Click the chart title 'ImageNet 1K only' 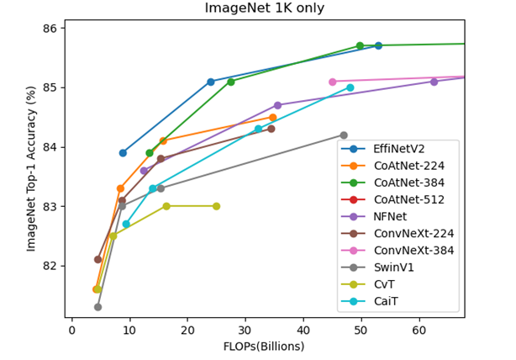[263, 8]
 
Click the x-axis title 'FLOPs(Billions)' [263, 347]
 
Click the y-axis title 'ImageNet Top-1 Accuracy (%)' [31, 168]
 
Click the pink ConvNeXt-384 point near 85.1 [333, 82]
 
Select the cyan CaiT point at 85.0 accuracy [350, 87]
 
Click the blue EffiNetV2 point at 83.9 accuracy [123, 153]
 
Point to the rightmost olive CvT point [216, 206]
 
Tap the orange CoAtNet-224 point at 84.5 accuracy [272, 118]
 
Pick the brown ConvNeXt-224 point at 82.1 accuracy [97, 259]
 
